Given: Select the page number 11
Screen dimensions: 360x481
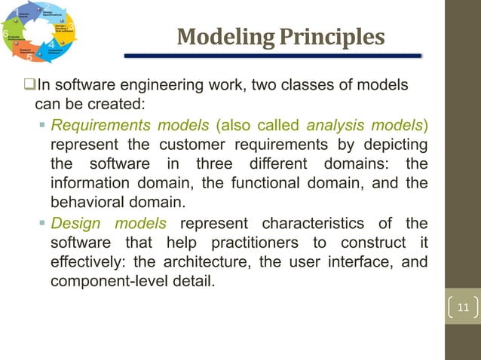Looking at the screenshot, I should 463,308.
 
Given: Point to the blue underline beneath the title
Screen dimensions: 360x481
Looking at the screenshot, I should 272,56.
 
